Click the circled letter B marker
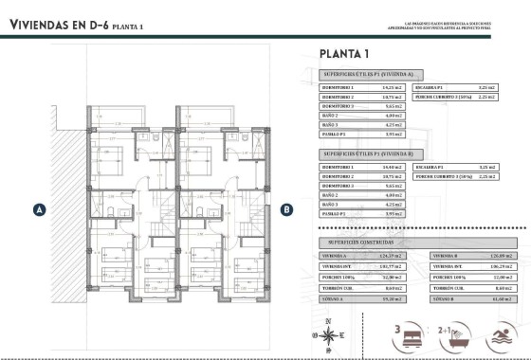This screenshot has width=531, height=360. tap(286, 209)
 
